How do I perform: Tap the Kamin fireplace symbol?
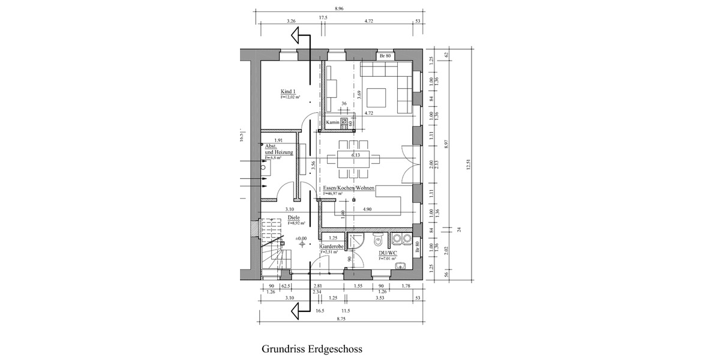[345, 122]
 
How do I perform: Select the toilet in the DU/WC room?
[377, 240]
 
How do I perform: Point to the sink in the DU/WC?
[400, 266]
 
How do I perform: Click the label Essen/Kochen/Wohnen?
[349, 188]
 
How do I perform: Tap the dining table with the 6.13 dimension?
[354, 158]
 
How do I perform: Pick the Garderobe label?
[331, 247]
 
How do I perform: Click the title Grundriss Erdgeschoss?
[312, 349]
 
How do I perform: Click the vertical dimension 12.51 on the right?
[469, 168]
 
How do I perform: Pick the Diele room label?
[293, 218]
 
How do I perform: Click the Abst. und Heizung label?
[278, 150]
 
